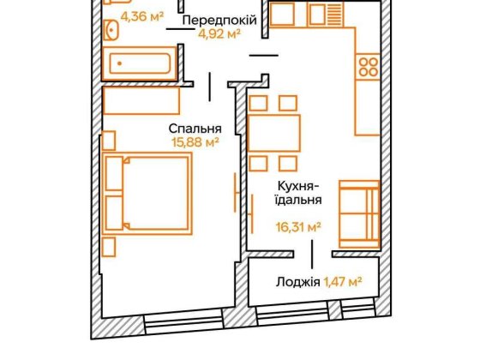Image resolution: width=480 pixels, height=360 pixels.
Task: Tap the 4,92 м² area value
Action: click(x=218, y=35)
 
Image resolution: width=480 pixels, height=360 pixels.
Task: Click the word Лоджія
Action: click(x=299, y=281)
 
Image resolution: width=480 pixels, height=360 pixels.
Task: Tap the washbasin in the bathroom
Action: click(x=111, y=31)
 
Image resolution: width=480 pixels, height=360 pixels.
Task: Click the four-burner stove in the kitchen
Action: click(x=367, y=68)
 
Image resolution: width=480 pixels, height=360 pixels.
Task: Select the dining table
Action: click(x=274, y=132)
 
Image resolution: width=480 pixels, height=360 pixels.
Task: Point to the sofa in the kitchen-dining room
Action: click(x=358, y=212)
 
